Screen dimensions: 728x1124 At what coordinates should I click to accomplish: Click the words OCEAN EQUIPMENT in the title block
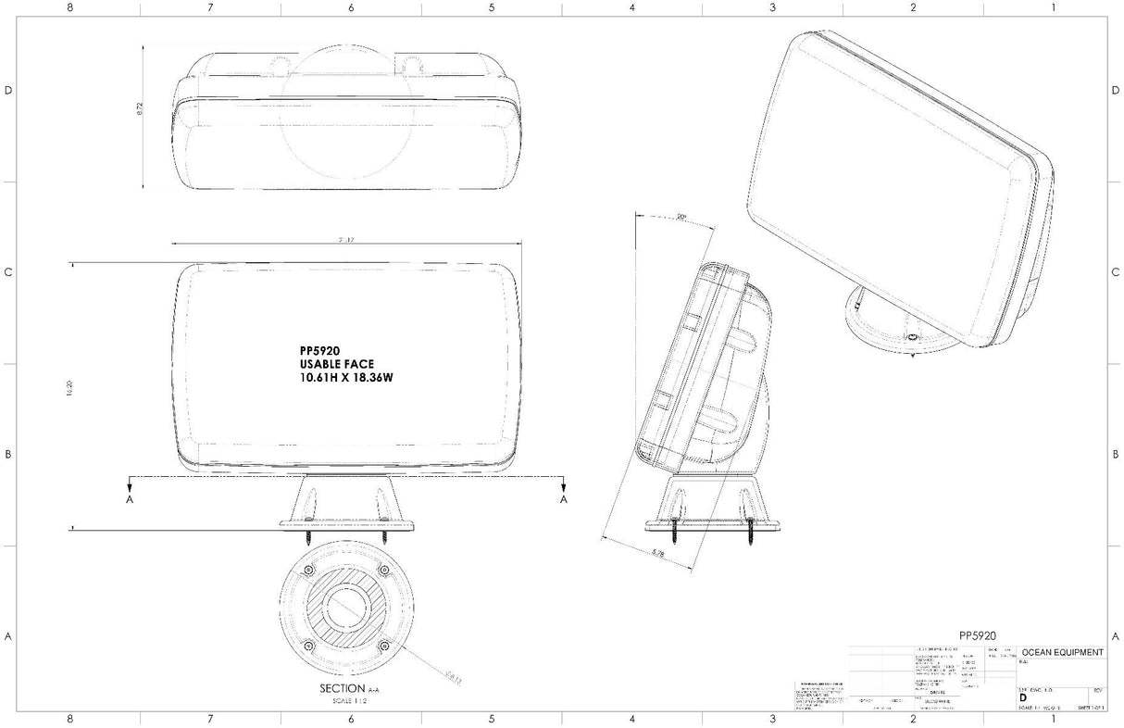pyautogui.click(x=1063, y=652)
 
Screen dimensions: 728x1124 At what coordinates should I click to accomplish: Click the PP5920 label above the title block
pyautogui.click(x=977, y=635)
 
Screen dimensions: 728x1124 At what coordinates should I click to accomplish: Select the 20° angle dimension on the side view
pyautogui.click(x=681, y=218)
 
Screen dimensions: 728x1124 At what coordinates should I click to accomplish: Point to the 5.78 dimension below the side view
pyautogui.click(x=657, y=553)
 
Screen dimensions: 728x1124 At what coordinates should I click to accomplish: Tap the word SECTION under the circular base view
pyautogui.click(x=340, y=688)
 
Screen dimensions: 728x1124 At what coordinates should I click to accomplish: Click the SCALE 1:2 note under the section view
pyautogui.click(x=349, y=701)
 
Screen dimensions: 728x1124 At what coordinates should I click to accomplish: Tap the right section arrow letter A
pyautogui.click(x=563, y=499)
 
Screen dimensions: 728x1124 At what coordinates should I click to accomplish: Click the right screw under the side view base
pyautogui.click(x=749, y=536)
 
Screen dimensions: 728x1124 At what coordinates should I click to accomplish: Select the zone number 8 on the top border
pyautogui.click(x=70, y=7)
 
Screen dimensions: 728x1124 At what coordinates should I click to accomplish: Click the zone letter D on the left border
pyautogui.click(x=8, y=91)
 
